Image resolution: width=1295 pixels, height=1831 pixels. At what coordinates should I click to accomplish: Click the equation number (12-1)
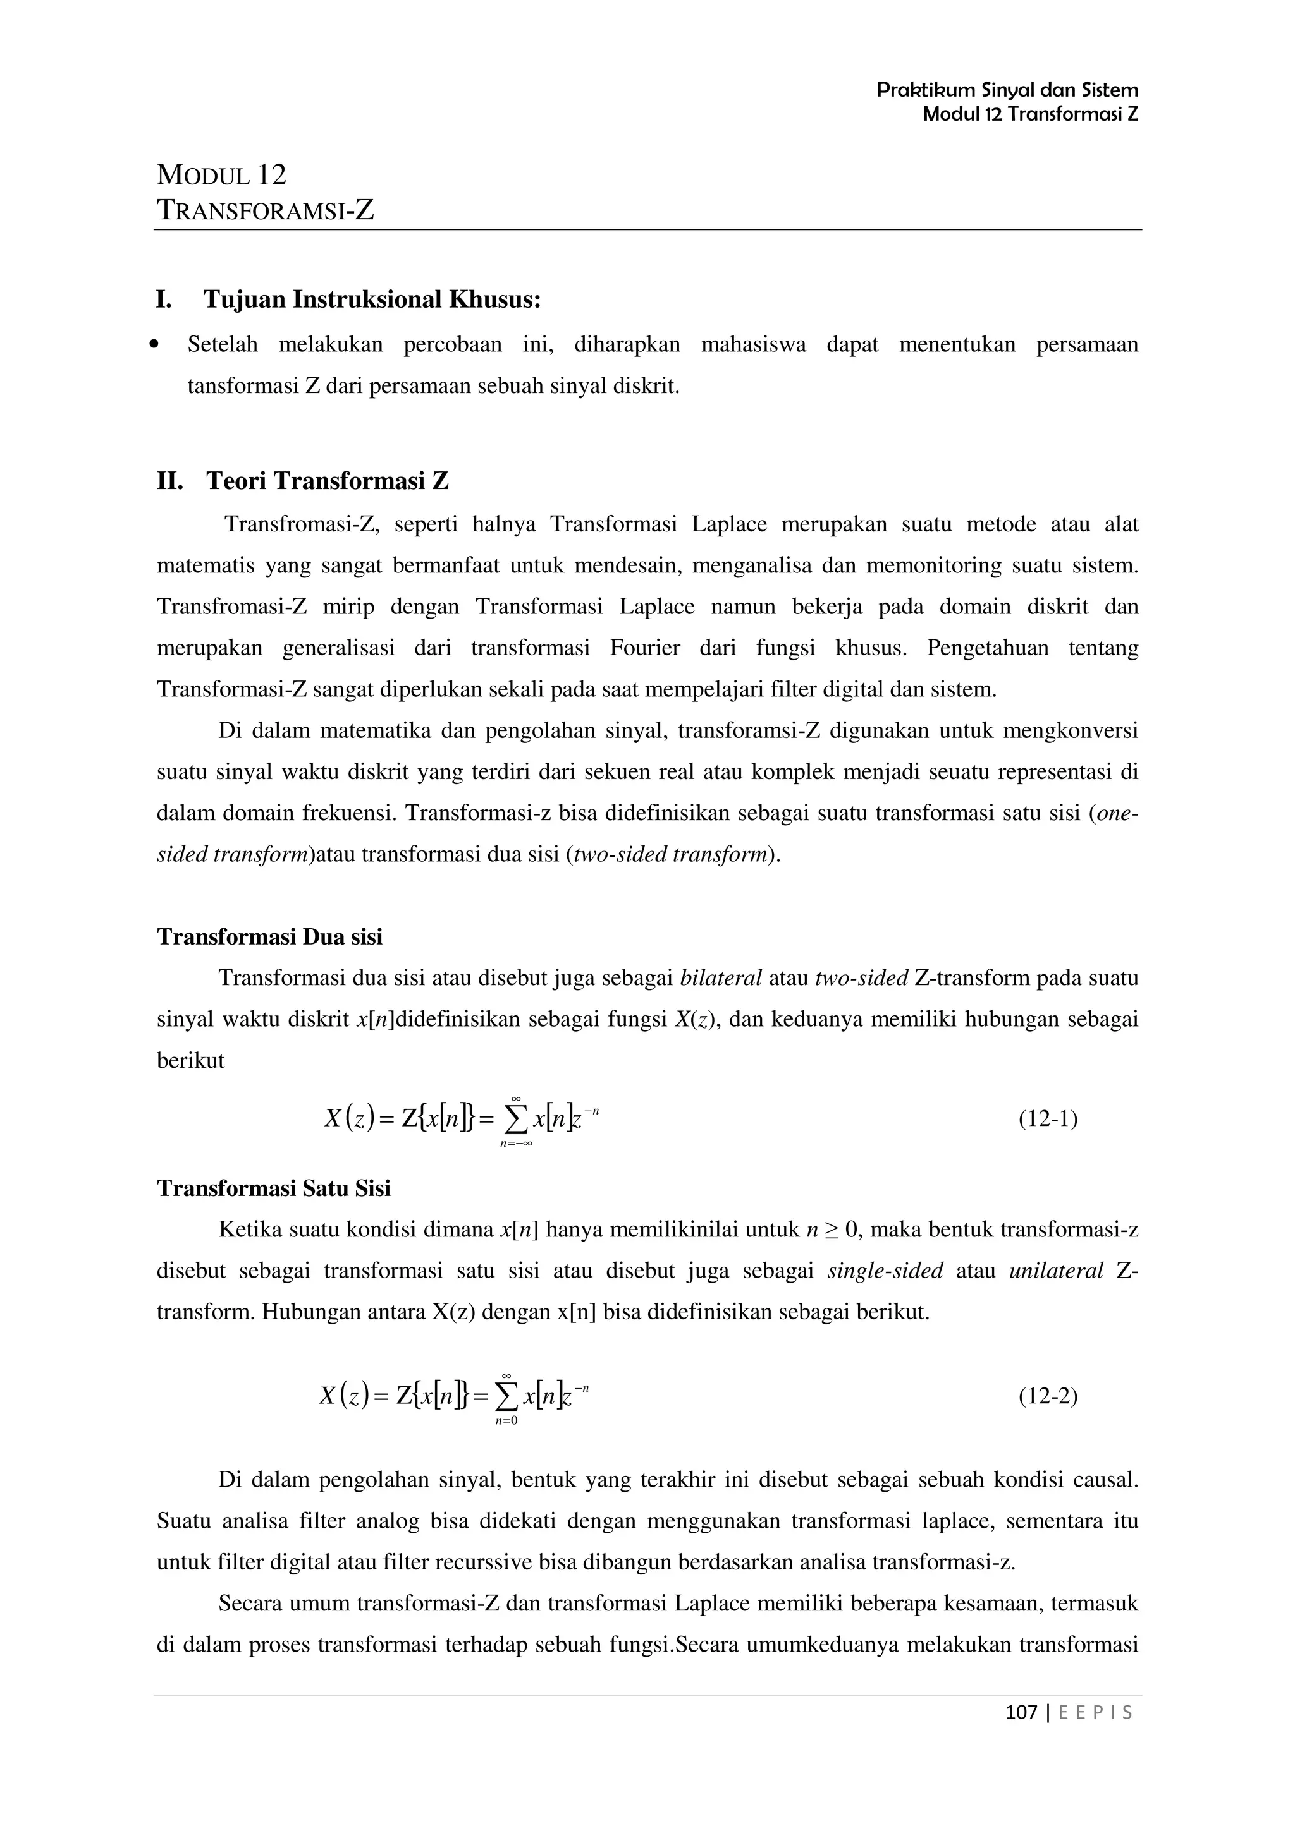(x=1048, y=1119)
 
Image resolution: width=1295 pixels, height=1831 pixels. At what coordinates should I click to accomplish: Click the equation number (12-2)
(x=1048, y=1396)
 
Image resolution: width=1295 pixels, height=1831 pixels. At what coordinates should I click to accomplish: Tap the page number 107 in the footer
(x=1021, y=1712)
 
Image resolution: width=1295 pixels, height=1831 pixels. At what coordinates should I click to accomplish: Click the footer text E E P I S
(x=1095, y=1712)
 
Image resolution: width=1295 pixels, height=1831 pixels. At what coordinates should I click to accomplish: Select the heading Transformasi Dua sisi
(x=270, y=936)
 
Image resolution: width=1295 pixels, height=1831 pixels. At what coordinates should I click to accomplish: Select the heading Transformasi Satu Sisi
(x=274, y=1188)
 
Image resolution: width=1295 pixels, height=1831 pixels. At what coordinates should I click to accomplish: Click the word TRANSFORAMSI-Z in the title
(x=266, y=210)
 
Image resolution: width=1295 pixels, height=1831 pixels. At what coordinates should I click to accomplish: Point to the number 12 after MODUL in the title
(x=271, y=174)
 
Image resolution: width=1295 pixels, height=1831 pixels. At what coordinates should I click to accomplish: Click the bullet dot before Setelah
(x=156, y=346)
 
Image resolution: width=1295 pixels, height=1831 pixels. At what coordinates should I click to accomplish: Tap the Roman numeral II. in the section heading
(x=170, y=481)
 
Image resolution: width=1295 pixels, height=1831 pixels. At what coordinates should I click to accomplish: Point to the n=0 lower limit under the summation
(x=506, y=1420)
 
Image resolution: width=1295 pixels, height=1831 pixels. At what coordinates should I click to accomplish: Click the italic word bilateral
(x=720, y=977)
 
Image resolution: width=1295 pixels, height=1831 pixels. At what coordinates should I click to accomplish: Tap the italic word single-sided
(x=885, y=1271)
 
